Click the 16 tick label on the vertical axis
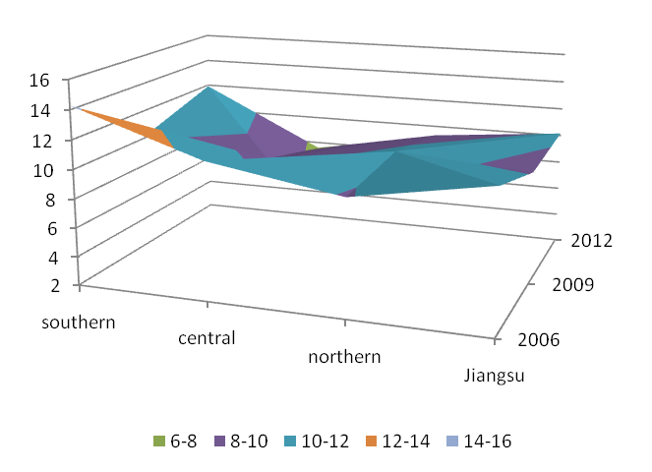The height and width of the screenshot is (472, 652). [47, 81]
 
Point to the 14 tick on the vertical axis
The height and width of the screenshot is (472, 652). [47, 111]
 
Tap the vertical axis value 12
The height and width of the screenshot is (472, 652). [47, 140]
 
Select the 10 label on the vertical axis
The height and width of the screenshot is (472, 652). [47, 169]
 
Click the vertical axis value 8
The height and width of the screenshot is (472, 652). [51, 198]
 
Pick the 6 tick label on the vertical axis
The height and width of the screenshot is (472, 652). [51, 227]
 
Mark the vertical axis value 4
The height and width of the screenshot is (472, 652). [51, 257]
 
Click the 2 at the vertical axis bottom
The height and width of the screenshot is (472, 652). [51, 285]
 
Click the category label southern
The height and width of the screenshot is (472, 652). [79, 323]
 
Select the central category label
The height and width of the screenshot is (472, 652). [207, 339]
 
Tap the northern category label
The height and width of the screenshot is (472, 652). [344, 357]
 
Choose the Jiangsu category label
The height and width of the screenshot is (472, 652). [493, 376]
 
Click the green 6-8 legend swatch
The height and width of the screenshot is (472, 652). [158, 442]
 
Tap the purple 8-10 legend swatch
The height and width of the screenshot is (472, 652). [222, 442]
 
